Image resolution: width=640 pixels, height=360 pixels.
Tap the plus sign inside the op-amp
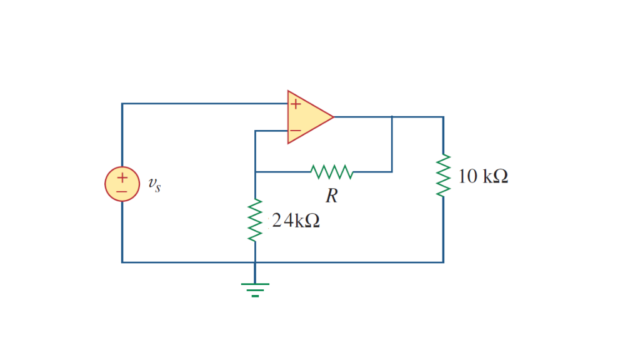pyautogui.click(x=296, y=104)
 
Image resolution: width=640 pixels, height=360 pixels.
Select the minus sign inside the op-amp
pyautogui.click(x=296, y=131)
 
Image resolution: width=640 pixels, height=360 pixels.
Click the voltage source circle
pyautogui.click(x=122, y=184)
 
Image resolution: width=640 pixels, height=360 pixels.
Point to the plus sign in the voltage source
pyautogui.click(x=122, y=177)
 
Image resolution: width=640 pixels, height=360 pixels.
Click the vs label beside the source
pyautogui.click(x=154, y=185)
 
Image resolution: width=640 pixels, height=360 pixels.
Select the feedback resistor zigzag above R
pyautogui.click(x=332, y=171)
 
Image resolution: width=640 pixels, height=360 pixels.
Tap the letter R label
pyautogui.click(x=331, y=196)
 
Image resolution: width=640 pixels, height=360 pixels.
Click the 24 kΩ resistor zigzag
pyautogui.click(x=255, y=220)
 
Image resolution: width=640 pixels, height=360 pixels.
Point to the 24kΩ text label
pyautogui.click(x=296, y=221)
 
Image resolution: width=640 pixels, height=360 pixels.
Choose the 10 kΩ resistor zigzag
pyautogui.click(x=443, y=176)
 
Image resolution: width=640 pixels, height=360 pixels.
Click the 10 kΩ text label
pyautogui.click(x=482, y=177)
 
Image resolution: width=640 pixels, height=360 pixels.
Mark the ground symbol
pyautogui.click(x=255, y=289)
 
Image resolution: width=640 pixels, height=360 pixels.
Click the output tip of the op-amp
pyautogui.click(x=333, y=117)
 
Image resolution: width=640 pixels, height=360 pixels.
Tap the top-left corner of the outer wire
pyautogui.click(x=122, y=104)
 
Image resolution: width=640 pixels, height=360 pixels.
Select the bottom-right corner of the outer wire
pyautogui.click(x=443, y=262)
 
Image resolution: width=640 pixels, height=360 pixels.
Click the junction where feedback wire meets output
pyautogui.click(x=392, y=117)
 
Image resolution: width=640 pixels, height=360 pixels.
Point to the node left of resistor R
pyautogui.click(x=255, y=171)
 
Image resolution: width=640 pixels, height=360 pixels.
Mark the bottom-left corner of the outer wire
pyautogui.click(x=122, y=262)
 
